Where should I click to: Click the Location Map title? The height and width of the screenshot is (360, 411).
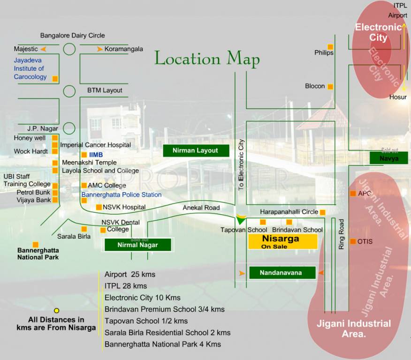click(x=207, y=59)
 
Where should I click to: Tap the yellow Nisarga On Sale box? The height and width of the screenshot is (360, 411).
click(x=283, y=241)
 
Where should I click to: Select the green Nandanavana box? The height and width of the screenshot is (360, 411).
click(x=282, y=272)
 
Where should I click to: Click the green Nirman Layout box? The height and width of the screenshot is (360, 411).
click(x=196, y=150)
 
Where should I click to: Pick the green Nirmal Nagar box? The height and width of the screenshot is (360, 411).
click(x=138, y=245)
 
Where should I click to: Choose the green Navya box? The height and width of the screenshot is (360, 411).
click(x=389, y=158)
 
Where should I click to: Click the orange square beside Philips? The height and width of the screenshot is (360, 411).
click(x=330, y=46)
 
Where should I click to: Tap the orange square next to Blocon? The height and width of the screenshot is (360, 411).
click(x=330, y=86)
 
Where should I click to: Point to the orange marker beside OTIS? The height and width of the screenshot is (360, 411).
click(x=353, y=241)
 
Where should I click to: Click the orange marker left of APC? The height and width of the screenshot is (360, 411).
click(x=353, y=194)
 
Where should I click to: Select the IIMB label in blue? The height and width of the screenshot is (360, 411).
click(x=96, y=154)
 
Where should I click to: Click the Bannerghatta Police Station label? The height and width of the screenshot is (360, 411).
click(x=122, y=195)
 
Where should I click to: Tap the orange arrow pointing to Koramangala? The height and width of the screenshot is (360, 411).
click(x=99, y=49)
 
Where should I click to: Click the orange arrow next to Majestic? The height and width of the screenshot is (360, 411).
click(x=44, y=49)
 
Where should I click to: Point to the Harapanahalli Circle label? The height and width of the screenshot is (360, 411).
click(x=289, y=212)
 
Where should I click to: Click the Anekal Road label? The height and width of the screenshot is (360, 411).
click(x=201, y=208)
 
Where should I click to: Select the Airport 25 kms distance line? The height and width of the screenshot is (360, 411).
click(x=130, y=274)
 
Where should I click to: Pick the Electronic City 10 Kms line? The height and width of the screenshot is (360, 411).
click(x=143, y=298)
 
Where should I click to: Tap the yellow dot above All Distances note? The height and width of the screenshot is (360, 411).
click(x=57, y=310)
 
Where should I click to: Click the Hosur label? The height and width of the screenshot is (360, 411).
click(x=398, y=97)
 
